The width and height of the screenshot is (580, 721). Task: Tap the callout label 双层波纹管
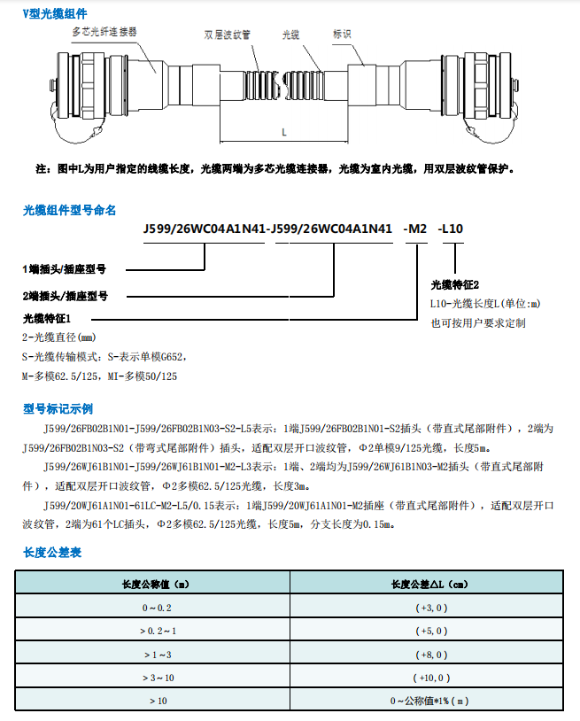click(227, 35)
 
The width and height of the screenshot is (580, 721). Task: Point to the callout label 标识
click(343, 35)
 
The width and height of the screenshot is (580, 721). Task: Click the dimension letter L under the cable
click(283, 132)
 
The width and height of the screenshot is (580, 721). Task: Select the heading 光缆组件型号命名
click(69, 210)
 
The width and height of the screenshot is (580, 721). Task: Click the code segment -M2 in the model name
click(415, 229)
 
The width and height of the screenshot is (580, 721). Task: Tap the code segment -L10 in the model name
click(452, 229)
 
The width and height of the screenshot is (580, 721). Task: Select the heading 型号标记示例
click(58, 409)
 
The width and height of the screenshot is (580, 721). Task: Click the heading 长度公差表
click(52, 553)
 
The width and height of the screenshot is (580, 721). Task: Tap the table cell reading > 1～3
click(155, 654)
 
